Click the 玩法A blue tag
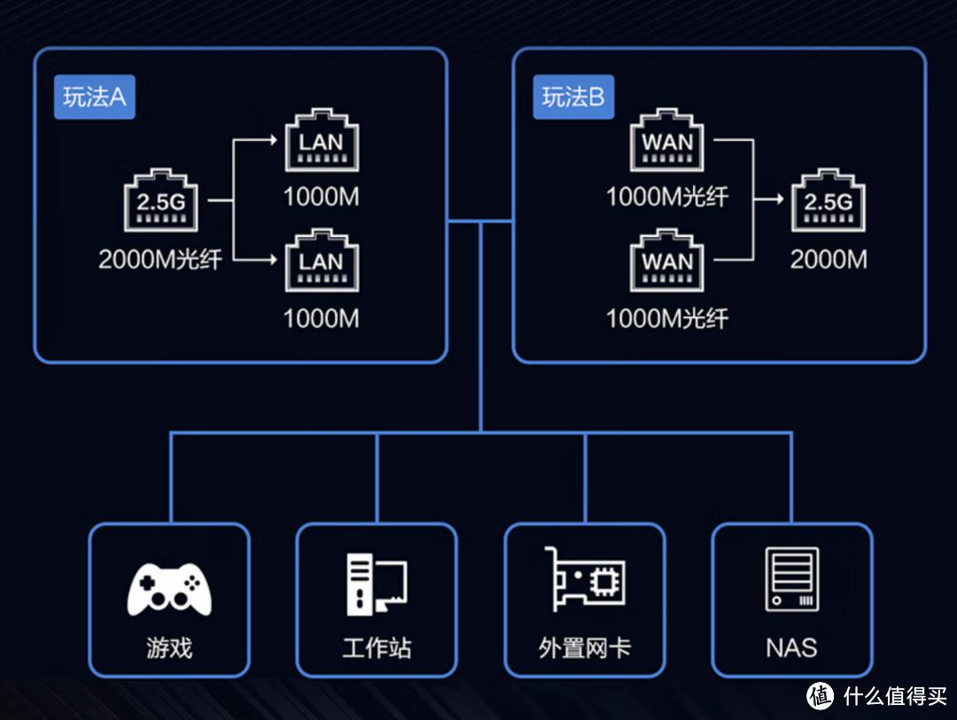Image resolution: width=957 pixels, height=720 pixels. click(x=94, y=97)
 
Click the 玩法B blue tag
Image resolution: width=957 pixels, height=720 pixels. click(x=573, y=97)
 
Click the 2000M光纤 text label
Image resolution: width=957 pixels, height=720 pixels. click(x=160, y=259)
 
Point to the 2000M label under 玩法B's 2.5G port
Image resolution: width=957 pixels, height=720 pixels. click(x=829, y=259)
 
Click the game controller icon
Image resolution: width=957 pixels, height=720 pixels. click(x=169, y=585)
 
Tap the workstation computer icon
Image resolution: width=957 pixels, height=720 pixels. click(x=376, y=585)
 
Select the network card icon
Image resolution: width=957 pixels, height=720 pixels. click(x=584, y=579)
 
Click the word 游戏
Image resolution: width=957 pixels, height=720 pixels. click(x=169, y=648)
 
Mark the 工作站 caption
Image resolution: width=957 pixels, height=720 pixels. click(x=377, y=648)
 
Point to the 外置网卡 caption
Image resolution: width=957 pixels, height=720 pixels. click(x=584, y=648)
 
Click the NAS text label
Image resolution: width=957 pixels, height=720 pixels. click(x=791, y=648)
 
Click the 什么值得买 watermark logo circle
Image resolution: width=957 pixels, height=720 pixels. click(x=820, y=695)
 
